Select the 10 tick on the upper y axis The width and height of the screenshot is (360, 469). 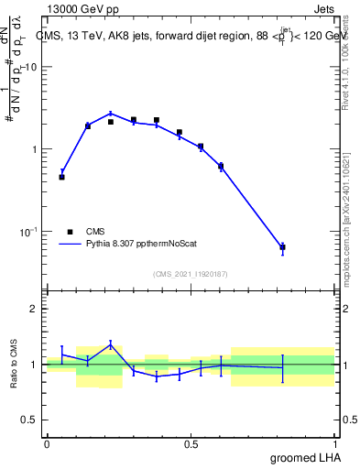click(x=32, y=67)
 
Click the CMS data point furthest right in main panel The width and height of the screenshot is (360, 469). click(x=283, y=247)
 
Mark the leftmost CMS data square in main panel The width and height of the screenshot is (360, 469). click(x=61, y=177)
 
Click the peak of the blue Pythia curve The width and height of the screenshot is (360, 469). click(x=111, y=114)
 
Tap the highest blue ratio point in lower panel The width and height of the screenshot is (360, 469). click(x=111, y=344)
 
